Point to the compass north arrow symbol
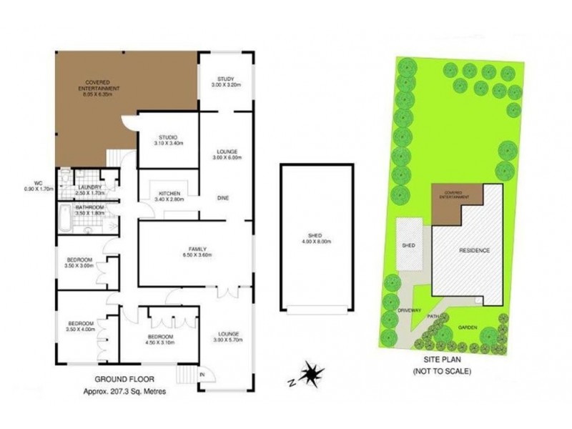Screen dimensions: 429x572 click(312, 373)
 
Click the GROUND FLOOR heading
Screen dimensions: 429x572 click(124, 380)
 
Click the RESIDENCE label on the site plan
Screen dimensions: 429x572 click(474, 250)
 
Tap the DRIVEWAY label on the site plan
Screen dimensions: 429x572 click(395, 312)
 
